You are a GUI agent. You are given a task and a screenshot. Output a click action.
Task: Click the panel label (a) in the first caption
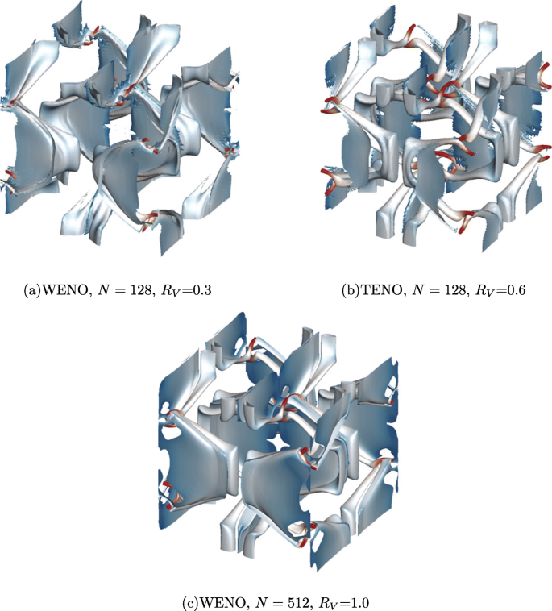pos(32,290)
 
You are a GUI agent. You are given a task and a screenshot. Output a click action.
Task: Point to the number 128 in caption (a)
pos(140,290)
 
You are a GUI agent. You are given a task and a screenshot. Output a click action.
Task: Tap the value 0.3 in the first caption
pos(201,290)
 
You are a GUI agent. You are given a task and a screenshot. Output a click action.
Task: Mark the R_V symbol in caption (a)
pos(169,291)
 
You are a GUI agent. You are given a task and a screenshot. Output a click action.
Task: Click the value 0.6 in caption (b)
pos(516,290)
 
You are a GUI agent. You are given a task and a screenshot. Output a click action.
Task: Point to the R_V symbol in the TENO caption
pos(484,291)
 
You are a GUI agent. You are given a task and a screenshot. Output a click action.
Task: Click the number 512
pos(299,603)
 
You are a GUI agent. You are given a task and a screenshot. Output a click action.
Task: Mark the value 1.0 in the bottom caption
pos(360,603)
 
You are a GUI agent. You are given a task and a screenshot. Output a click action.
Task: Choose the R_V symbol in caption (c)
pos(328,604)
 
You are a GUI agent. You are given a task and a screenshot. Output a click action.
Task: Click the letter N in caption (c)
pos(261,603)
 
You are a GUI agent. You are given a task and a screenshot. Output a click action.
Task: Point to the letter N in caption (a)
pos(103,290)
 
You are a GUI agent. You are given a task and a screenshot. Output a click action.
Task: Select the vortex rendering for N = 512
pos(278,440)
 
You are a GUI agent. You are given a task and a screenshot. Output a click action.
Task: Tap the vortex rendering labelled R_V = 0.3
pos(118,129)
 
